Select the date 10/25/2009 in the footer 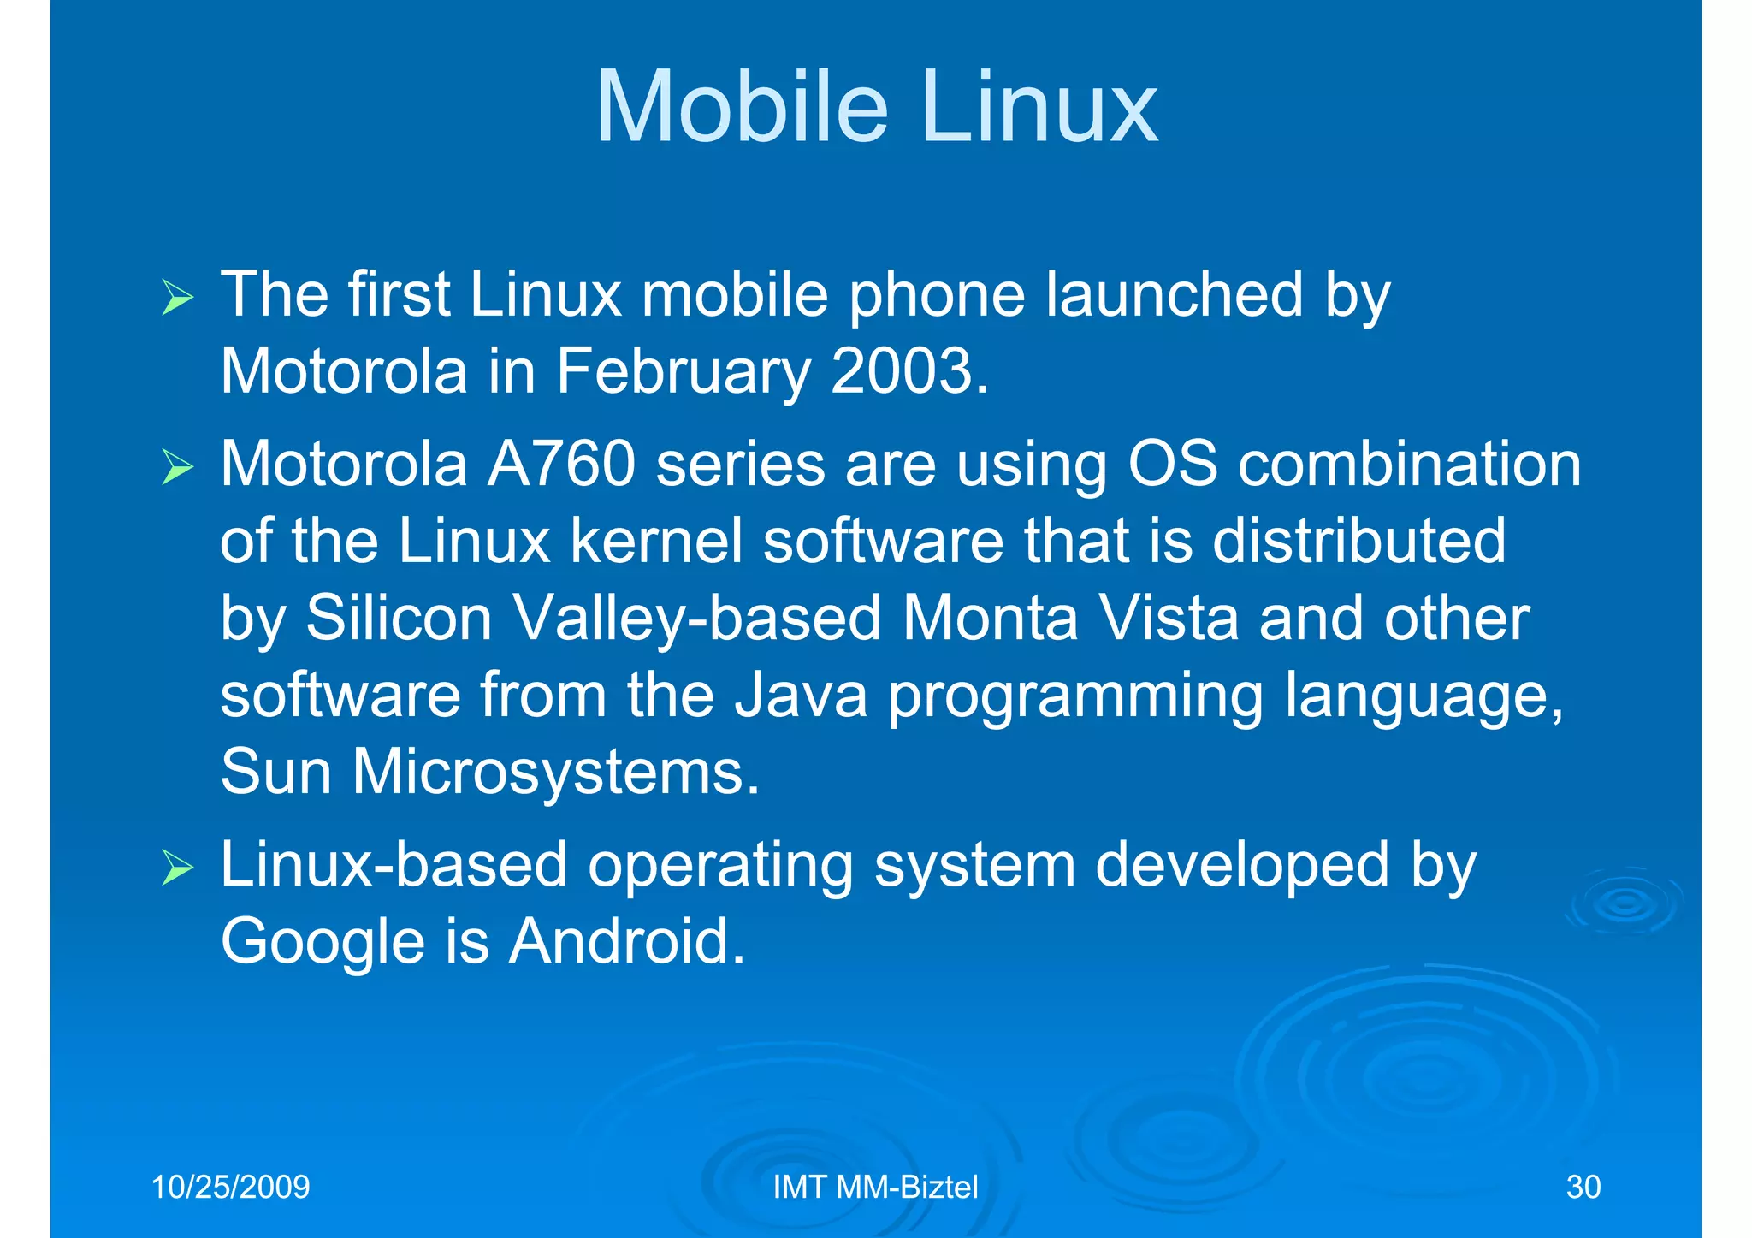230,1187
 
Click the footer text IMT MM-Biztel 875,1187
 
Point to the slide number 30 1583,1187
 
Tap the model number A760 561,465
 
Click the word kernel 656,541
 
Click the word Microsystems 556,772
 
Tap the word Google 323,941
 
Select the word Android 627,941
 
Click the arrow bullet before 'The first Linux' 177,299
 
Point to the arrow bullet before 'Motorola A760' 177,468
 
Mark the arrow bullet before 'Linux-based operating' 177,868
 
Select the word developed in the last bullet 1242,865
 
